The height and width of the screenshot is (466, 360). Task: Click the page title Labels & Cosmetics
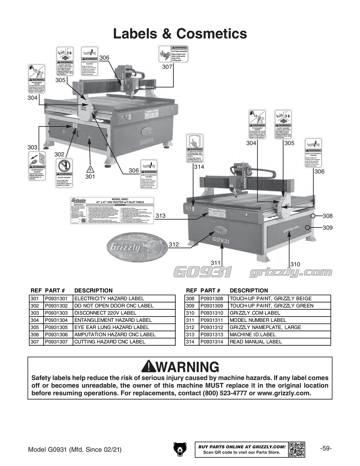pyautogui.click(x=180, y=34)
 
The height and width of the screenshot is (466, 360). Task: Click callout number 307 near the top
pyautogui.click(x=167, y=67)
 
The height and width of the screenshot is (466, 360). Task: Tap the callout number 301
pyautogui.click(x=90, y=176)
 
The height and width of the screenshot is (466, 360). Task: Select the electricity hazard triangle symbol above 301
pyautogui.click(x=90, y=169)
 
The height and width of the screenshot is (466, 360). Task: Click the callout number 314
pyautogui.click(x=199, y=167)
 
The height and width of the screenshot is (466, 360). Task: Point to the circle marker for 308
pyautogui.click(x=313, y=216)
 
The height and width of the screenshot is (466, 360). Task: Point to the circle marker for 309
pyautogui.click(x=308, y=228)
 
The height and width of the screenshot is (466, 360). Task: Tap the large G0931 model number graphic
pyautogui.click(x=202, y=272)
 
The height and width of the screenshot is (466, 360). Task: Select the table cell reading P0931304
pyautogui.click(x=58, y=320)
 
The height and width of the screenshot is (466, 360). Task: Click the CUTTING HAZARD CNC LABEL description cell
pyautogui.click(x=123, y=342)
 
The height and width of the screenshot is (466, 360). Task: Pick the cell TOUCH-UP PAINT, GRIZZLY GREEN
pyautogui.click(x=279, y=306)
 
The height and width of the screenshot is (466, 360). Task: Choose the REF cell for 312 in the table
pyautogui.click(x=191, y=327)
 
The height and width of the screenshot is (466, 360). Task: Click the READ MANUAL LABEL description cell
pyautogui.click(x=279, y=342)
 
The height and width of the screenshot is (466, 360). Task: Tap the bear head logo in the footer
pyautogui.click(x=180, y=449)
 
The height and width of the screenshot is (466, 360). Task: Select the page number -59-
pyautogui.click(x=325, y=449)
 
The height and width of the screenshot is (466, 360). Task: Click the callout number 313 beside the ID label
pyautogui.click(x=161, y=216)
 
